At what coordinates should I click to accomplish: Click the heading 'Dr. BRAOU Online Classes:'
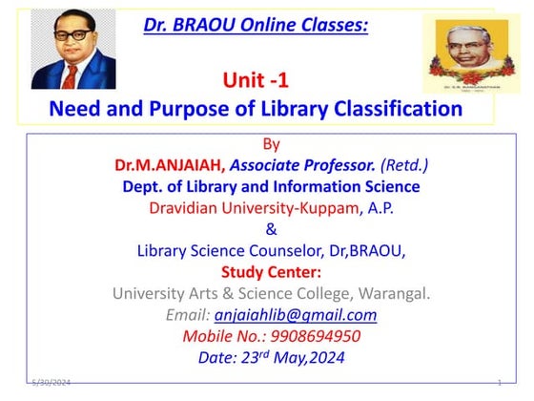pos(255,24)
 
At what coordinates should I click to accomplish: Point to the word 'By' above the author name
pos(271,145)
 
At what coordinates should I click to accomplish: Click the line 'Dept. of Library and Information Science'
pos(271,186)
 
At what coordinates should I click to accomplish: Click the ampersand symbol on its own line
pos(271,229)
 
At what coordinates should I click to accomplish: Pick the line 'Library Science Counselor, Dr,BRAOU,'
pos(271,250)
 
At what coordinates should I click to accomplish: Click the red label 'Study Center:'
pos(271,271)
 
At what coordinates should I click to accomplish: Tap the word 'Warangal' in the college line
pos(390,293)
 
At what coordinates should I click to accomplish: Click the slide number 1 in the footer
pos(500,383)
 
